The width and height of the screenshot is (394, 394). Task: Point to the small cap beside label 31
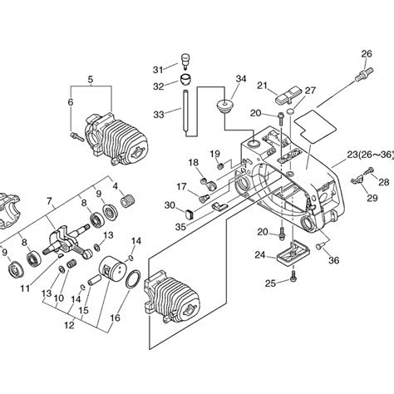coord(184,62)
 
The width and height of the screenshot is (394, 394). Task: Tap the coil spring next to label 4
coord(130,199)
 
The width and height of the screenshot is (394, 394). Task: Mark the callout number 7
coord(51,201)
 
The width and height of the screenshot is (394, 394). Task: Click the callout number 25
coord(270,283)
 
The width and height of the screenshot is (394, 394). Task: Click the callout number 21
coord(261,85)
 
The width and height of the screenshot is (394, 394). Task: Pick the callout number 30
coord(170,205)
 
